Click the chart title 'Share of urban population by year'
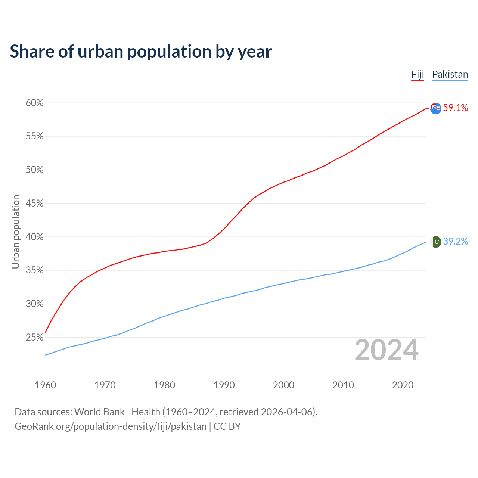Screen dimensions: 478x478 point(141,52)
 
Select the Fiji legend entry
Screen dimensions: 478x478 point(418,74)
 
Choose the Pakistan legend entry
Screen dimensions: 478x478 point(450,74)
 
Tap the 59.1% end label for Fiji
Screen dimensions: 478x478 point(456,108)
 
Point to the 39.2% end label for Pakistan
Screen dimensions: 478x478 point(456,242)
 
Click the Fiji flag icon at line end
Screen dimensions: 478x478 point(436,108)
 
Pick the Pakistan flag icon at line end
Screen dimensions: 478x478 point(436,242)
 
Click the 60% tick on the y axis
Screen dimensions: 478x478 point(35,103)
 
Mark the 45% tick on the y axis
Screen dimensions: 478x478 point(35,204)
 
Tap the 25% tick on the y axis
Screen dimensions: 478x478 point(35,338)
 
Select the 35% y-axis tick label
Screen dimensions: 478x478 point(35,270)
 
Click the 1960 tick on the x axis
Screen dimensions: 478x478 point(46,385)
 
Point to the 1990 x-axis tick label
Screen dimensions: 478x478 point(224,385)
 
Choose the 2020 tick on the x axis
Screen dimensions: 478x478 point(403,385)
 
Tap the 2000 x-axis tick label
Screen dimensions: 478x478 point(283,385)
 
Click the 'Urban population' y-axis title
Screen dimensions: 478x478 point(16,232)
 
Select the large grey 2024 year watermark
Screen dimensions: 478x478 point(387,350)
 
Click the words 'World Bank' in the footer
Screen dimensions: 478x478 point(99,412)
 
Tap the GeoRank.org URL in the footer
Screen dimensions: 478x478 point(111,426)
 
